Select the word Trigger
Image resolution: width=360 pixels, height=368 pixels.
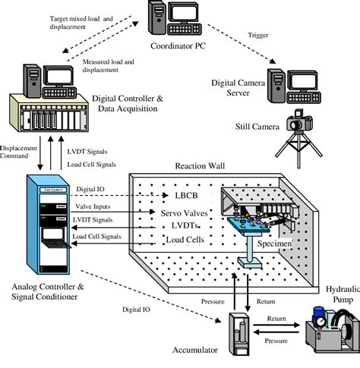pos(259,34)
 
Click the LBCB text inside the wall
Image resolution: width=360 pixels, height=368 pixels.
pos(180,196)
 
